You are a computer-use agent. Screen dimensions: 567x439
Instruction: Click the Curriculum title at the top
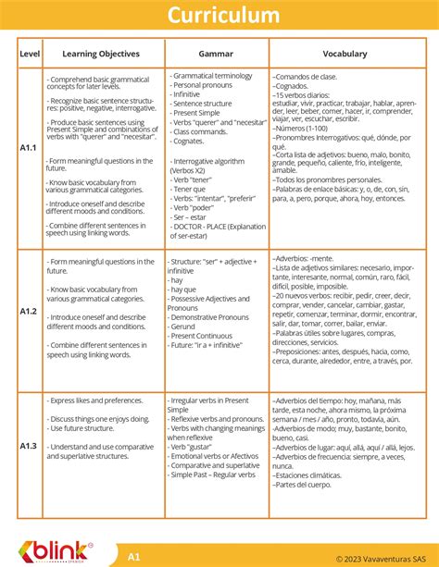(219, 16)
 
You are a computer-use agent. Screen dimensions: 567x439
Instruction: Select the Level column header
(30, 54)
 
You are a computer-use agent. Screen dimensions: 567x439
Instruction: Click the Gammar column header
(216, 54)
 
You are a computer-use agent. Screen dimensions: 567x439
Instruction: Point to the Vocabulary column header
(345, 54)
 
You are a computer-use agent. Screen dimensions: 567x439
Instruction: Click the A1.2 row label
(30, 312)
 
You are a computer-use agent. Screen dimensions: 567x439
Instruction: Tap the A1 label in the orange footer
(134, 557)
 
